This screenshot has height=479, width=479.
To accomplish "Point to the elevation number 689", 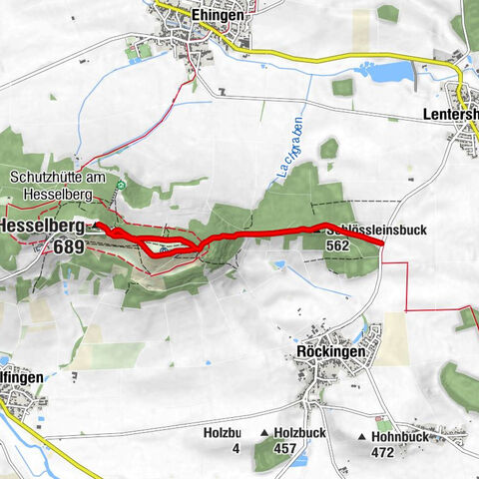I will [x=69, y=246].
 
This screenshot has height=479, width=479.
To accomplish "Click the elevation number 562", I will [x=336, y=245].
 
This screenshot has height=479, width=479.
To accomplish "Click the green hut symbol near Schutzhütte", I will [x=121, y=186].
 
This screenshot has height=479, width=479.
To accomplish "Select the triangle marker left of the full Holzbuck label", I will [x=263, y=433].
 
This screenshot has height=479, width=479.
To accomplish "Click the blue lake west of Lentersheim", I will [x=390, y=71].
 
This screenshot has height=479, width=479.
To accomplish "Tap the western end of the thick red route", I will [x=99, y=228].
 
